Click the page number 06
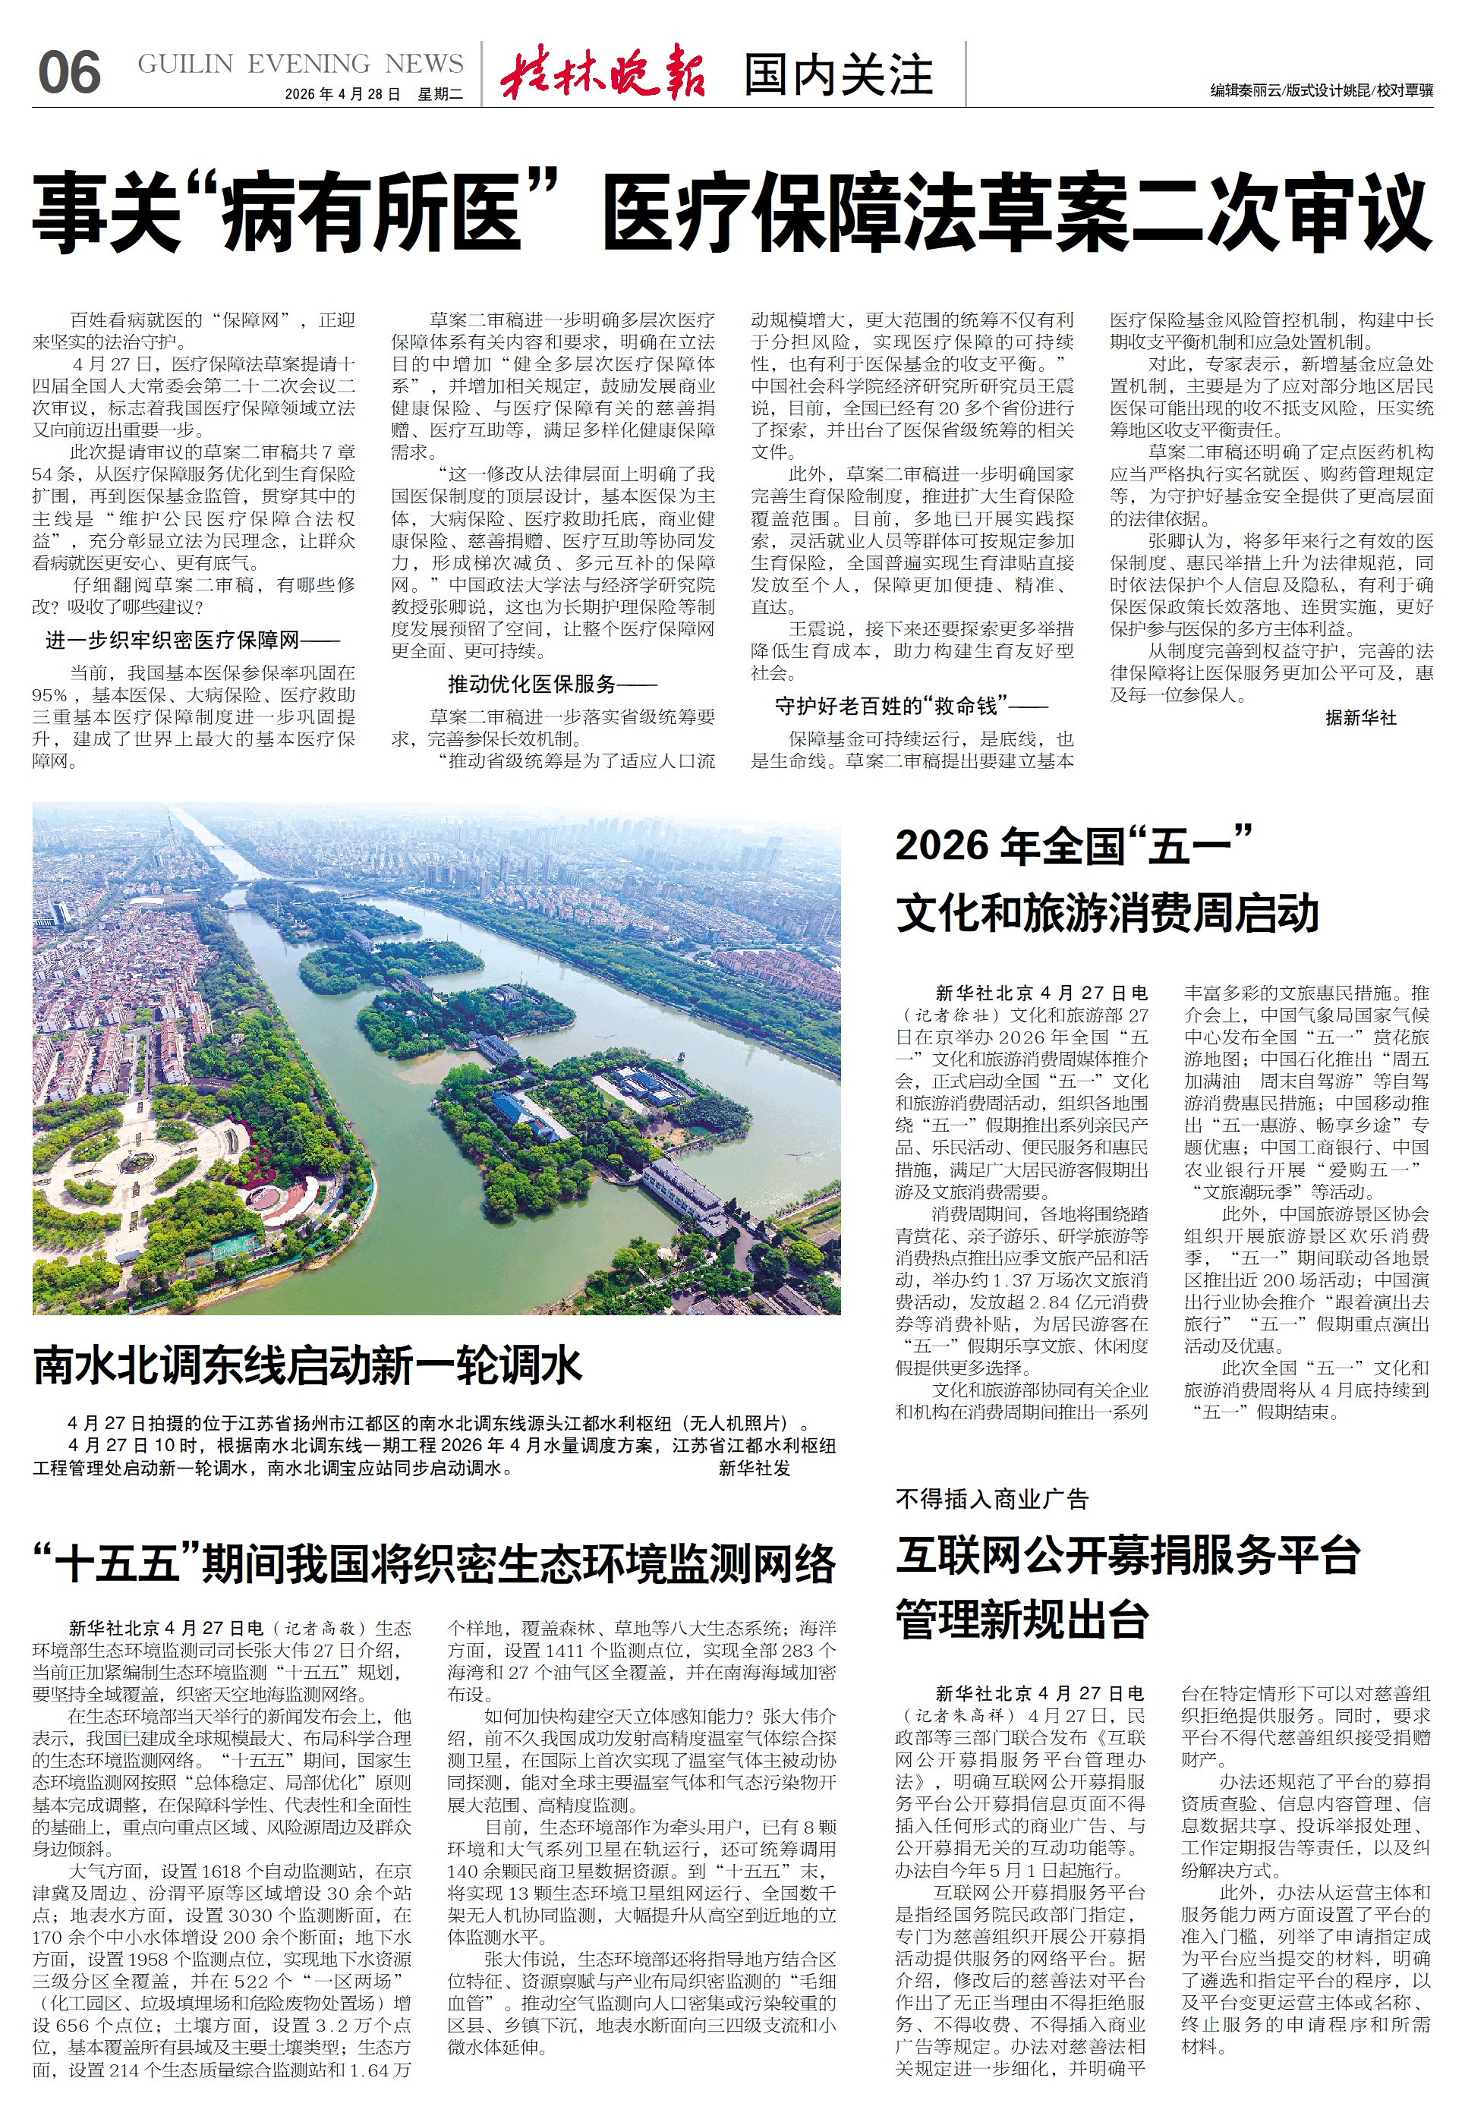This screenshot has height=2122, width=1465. (x=69, y=74)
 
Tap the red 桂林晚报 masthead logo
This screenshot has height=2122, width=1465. (x=603, y=71)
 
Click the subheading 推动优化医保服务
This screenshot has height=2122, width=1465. (x=552, y=684)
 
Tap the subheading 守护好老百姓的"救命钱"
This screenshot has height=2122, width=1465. (x=911, y=706)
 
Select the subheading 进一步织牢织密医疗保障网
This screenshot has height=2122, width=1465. (x=192, y=640)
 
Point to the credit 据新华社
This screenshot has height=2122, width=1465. (x=1360, y=718)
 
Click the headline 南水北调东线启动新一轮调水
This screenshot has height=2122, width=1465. (x=307, y=1366)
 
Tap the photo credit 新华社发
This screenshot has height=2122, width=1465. (x=754, y=1469)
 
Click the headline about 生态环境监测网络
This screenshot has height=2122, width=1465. (x=433, y=1564)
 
